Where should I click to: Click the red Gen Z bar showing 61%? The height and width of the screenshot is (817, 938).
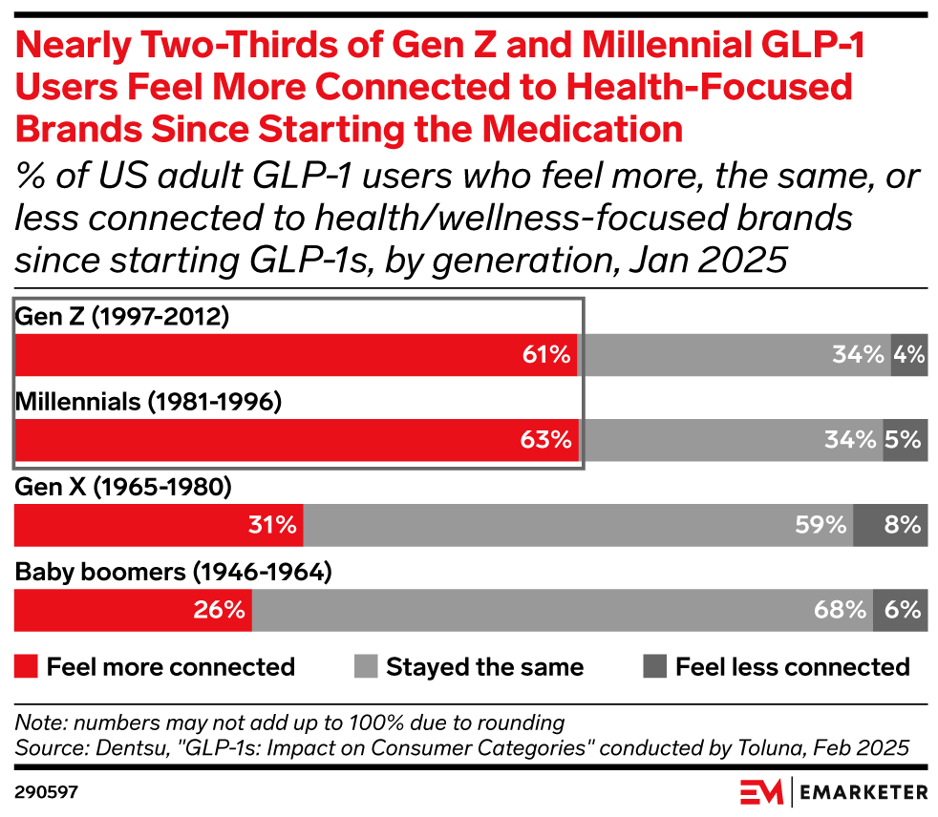tap(296, 355)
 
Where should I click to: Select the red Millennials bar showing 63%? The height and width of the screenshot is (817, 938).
tap(296, 440)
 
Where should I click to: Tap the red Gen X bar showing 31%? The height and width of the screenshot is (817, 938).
tap(159, 525)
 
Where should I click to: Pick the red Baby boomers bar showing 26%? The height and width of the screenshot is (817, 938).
tap(133, 610)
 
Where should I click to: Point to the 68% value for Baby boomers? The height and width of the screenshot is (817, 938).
tap(840, 610)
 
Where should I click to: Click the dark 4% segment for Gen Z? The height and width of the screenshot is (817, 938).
tap(908, 355)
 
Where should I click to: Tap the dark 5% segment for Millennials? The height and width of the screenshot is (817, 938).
tap(905, 440)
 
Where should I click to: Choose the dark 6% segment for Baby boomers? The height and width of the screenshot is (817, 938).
tap(901, 610)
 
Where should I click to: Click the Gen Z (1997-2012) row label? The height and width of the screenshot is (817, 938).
tap(122, 317)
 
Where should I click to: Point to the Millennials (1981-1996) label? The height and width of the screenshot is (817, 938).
tap(148, 402)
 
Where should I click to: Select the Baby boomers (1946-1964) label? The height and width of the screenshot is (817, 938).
tap(173, 573)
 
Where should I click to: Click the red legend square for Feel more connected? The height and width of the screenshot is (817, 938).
tap(26, 666)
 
